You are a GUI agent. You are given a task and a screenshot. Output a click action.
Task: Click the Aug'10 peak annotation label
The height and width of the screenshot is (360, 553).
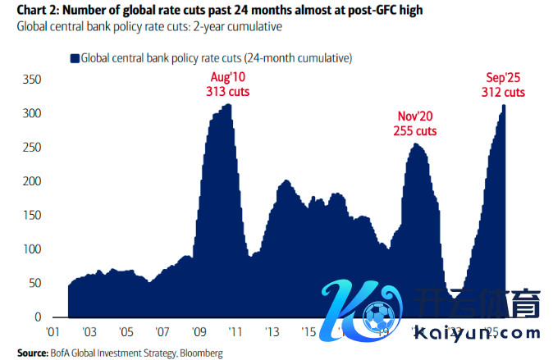tap(227, 78)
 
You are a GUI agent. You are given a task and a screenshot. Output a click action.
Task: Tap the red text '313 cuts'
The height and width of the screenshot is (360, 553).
tap(227, 92)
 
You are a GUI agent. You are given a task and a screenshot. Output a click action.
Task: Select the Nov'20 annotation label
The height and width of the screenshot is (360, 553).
tap(415, 116)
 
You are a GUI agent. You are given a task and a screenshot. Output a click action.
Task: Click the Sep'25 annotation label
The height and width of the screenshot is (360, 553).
tap(503, 78)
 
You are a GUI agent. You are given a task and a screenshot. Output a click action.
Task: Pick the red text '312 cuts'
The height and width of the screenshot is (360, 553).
tap(503, 92)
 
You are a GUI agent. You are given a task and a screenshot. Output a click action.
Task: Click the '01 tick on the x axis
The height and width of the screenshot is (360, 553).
tap(53, 332)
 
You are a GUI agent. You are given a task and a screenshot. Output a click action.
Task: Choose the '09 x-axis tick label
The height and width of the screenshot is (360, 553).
tap(199, 332)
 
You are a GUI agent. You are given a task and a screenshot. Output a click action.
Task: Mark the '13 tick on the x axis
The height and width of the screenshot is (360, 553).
tap(272, 332)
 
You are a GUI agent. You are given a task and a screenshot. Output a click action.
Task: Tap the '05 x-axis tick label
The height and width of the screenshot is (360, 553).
tap(126, 332)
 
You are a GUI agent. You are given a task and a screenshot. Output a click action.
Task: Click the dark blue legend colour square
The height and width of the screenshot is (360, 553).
tap(74, 58)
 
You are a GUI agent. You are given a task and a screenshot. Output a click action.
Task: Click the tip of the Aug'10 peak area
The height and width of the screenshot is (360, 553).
tap(227, 105)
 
